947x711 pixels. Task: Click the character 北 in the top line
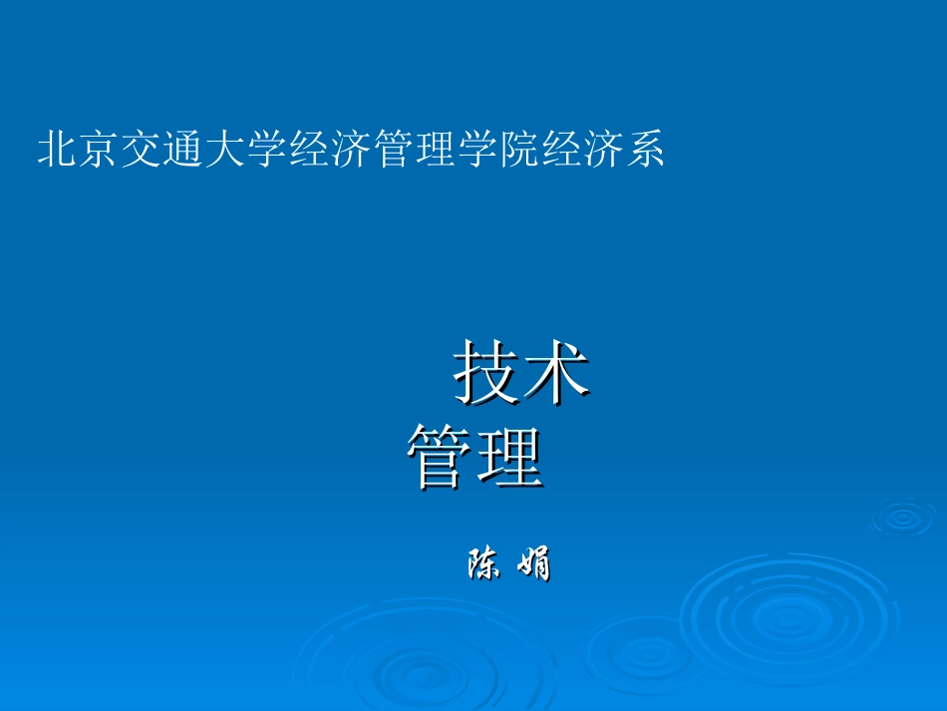[x=58, y=150]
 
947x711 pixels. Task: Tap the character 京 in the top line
[x=100, y=150]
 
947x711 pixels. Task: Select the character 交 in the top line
[x=142, y=150]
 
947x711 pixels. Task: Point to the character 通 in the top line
[x=183, y=150]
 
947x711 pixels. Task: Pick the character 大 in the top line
[x=225, y=150]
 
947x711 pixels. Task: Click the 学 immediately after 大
[x=267, y=150]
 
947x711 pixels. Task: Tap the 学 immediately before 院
[x=476, y=150]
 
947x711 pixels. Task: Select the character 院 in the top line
[x=518, y=150]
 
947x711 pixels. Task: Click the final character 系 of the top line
[x=644, y=150]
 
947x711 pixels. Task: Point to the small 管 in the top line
[x=393, y=150]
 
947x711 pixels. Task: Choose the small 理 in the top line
[x=435, y=150]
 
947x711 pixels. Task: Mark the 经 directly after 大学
[x=309, y=150]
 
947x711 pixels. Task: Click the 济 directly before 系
[x=602, y=150]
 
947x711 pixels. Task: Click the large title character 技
[x=487, y=373]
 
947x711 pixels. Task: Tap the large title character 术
[x=556, y=373]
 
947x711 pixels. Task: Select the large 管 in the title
[x=440, y=457]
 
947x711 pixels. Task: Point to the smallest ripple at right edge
[x=903, y=517]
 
